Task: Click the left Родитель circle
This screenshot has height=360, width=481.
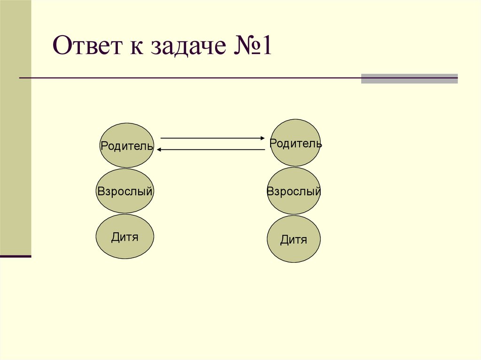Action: (x=126, y=145)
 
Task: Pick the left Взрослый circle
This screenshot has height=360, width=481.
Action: (x=125, y=191)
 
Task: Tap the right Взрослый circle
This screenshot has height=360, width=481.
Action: (x=294, y=191)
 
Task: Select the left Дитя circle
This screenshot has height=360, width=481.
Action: (x=125, y=237)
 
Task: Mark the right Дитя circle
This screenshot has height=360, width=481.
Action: (x=294, y=239)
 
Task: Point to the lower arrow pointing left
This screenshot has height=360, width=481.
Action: (x=211, y=149)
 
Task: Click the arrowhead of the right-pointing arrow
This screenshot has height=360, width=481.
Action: (x=263, y=138)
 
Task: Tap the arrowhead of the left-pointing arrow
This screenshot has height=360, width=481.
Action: (x=160, y=149)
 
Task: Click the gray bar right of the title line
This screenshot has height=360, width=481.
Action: (x=409, y=78)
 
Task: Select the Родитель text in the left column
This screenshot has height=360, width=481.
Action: (x=126, y=146)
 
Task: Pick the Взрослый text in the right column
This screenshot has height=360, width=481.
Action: (x=294, y=191)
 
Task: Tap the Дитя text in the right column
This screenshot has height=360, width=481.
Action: (x=294, y=240)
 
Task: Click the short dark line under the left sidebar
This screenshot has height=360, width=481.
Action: (x=16, y=256)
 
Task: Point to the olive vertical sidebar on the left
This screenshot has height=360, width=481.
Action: (x=16, y=127)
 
